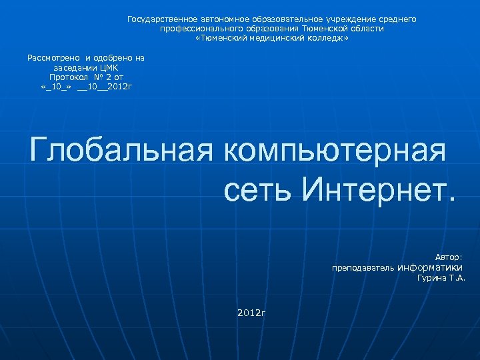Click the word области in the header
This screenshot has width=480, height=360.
[369, 29]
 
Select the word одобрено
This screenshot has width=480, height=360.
[110, 58]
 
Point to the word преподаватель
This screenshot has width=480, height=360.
[363, 268]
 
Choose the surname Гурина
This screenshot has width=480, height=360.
[432, 278]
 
